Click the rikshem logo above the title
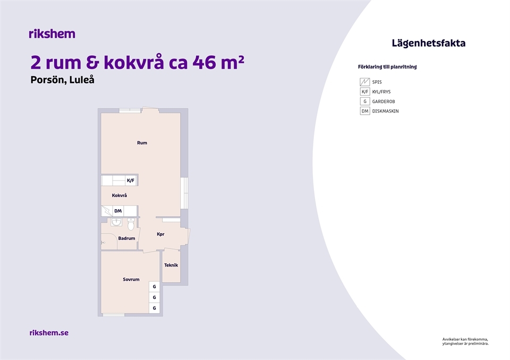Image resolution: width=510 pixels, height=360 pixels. coord(52,33)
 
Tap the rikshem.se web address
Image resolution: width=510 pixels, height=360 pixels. coord(49,333)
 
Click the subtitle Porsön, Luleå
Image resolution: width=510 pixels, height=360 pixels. coord(63,80)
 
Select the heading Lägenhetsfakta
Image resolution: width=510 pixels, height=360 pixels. coord(428,43)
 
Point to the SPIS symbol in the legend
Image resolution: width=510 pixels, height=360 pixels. coord(364,82)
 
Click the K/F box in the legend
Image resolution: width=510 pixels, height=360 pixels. coord(364,92)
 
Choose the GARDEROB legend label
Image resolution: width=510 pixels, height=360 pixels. coord(384,101)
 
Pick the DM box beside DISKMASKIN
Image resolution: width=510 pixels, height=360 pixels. coord(364,111)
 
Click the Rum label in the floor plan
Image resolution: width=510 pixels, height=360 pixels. coord(142,143)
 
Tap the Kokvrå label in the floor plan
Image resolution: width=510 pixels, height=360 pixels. coord(120,195)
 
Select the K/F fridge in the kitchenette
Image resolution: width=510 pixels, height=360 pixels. coord(131,181)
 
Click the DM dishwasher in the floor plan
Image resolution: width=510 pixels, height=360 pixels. coord(118,211)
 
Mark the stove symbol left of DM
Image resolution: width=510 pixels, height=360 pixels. coord(107,211)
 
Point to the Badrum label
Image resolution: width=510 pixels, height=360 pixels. coord(126,238)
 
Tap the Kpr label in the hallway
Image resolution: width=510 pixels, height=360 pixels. coord(160,234)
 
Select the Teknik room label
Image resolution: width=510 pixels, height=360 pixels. coord(171,265)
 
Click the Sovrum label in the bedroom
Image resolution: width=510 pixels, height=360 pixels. coord(131,279)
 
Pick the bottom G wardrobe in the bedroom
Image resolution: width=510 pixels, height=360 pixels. coord(154,308)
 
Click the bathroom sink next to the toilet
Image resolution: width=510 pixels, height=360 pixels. coord(116,222)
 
